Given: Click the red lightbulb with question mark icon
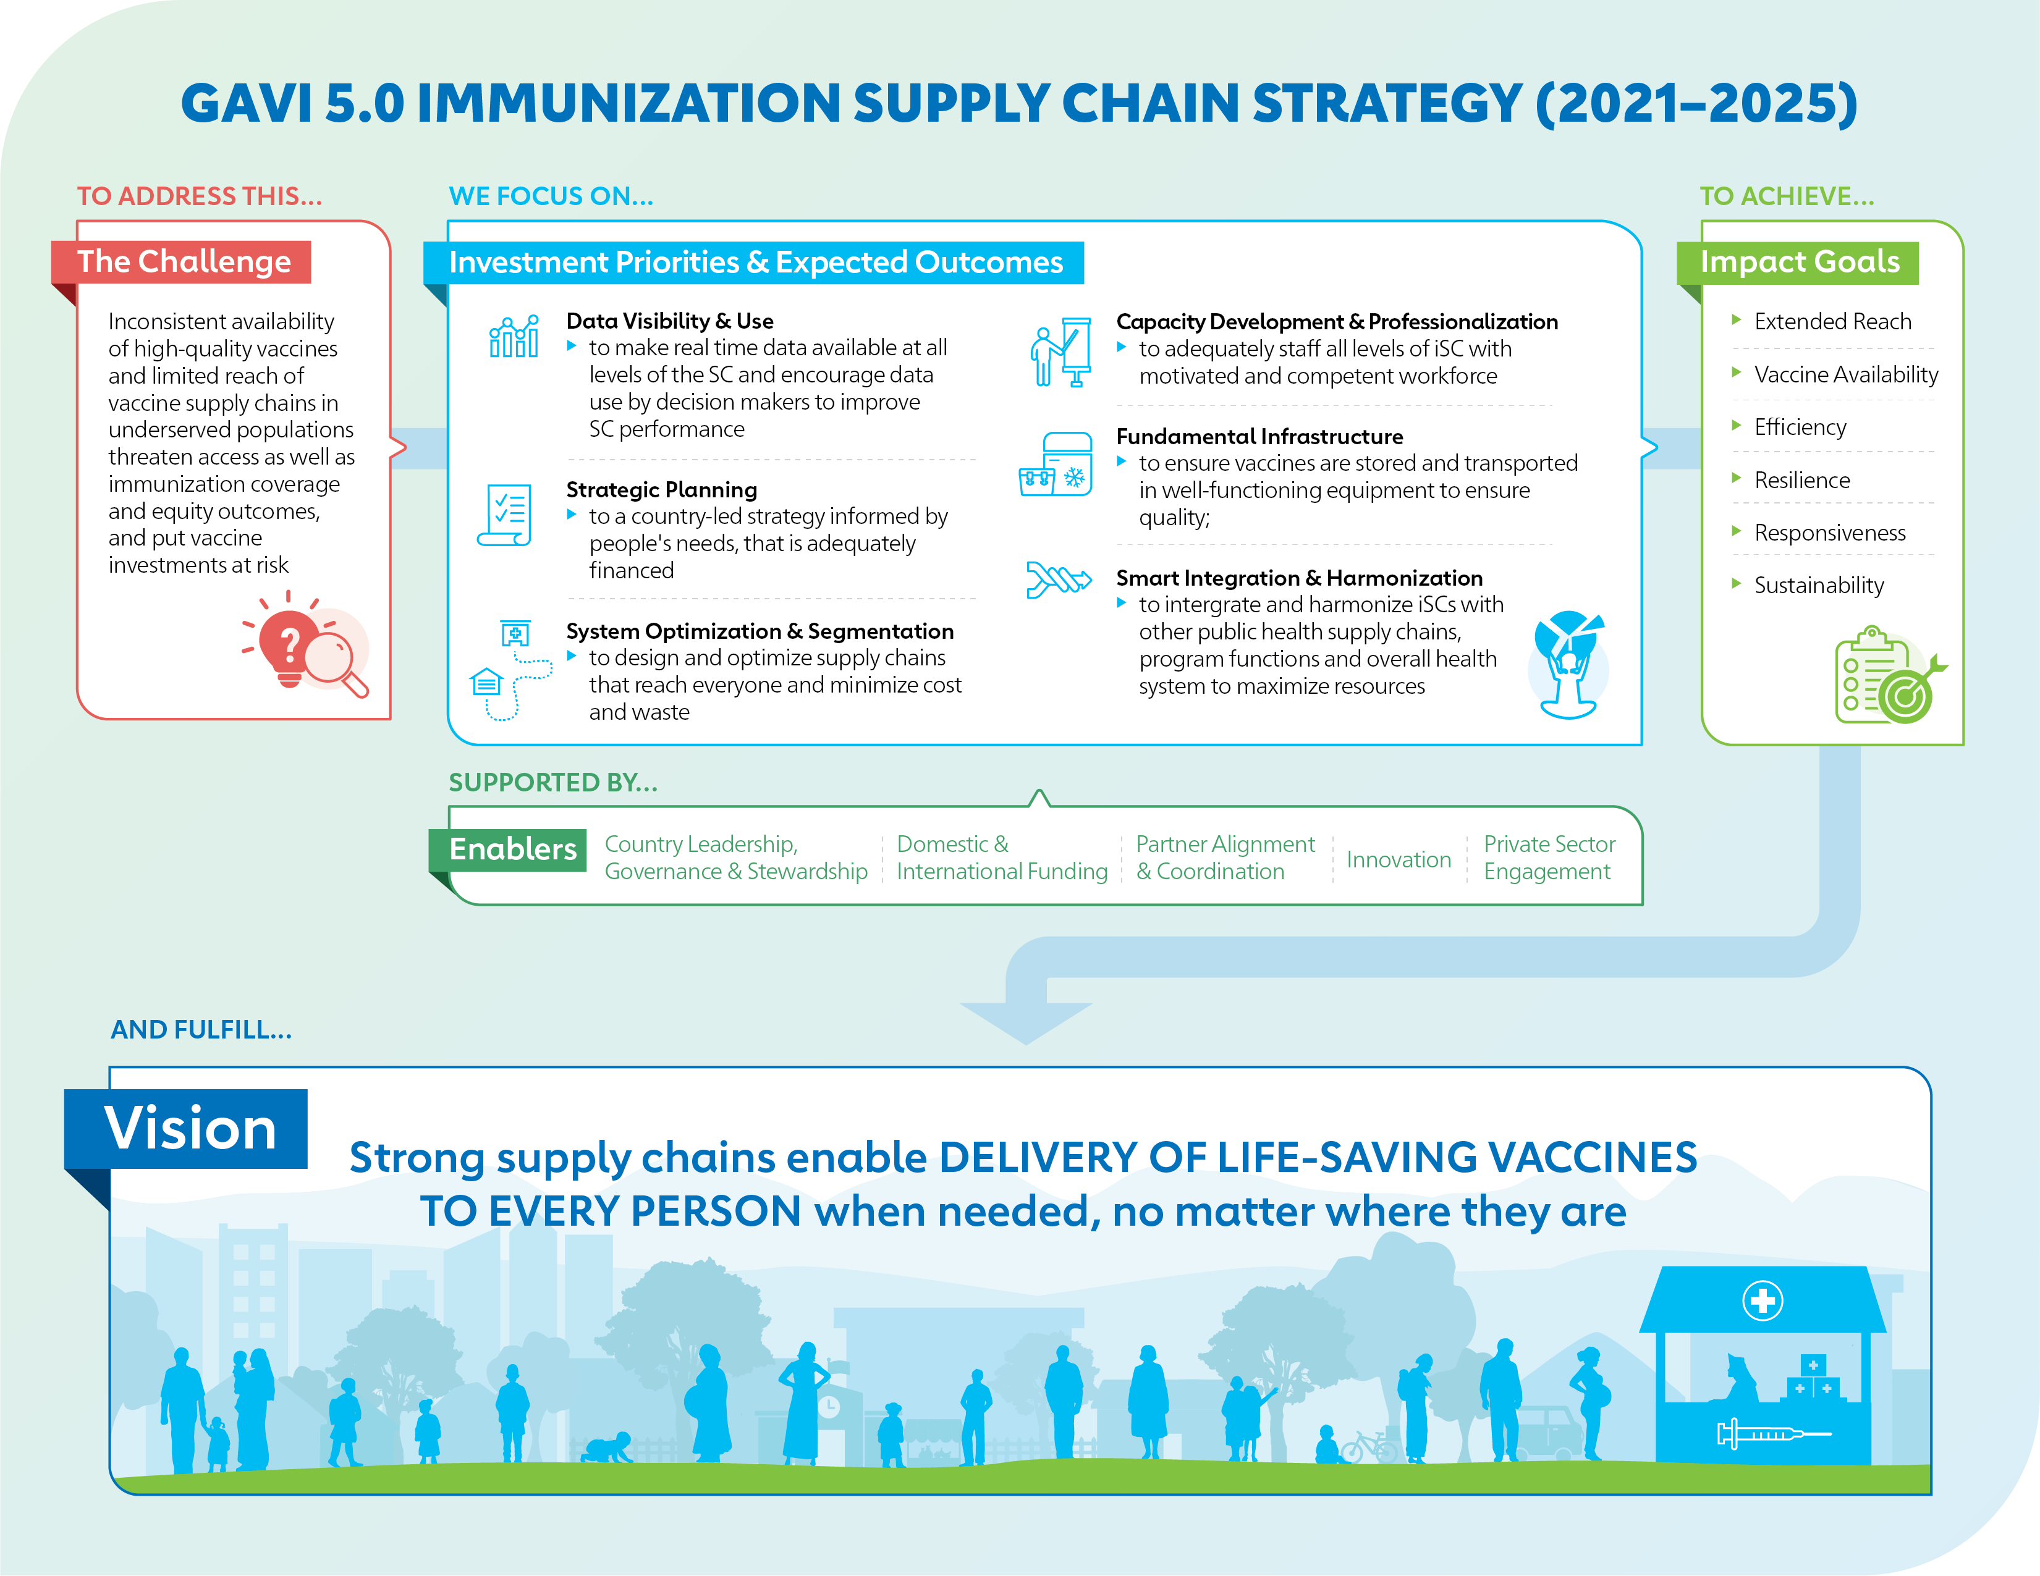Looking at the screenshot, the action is coord(290,644).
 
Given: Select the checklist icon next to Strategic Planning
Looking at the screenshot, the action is coord(506,515).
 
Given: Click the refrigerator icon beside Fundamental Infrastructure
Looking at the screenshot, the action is coord(1056,464).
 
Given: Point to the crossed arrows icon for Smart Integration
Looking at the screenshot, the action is coord(1058,579).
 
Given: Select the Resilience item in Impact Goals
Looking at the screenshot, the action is coord(1802,480).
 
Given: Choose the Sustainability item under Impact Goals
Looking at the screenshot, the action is coord(1819,586).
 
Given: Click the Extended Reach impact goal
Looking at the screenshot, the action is coord(1832,321).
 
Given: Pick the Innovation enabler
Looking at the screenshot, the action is coord(1399,859).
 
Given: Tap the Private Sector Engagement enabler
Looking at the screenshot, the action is coord(1549,857).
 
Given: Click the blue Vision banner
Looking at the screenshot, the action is coord(186,1128).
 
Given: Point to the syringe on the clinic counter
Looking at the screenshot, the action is coord(1773,1433).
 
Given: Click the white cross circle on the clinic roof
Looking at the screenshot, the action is coord(1763,1300).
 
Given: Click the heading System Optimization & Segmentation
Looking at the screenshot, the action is coord(760,631).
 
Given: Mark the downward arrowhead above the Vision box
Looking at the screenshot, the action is coord(1026,1022).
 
